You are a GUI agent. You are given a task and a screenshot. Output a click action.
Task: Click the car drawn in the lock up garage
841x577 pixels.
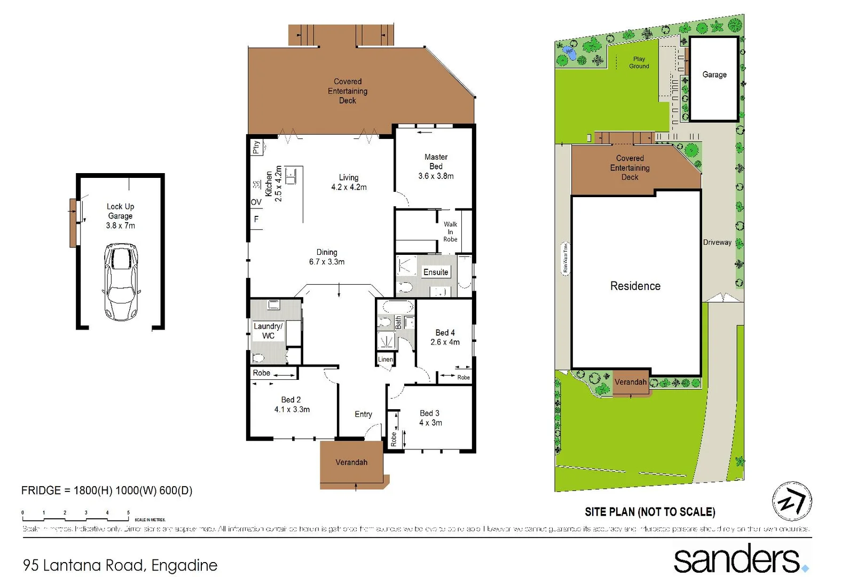tap(121, 282)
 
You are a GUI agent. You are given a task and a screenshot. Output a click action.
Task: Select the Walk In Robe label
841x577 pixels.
tap(450, 232)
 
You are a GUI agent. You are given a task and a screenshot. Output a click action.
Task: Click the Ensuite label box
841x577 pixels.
tap(436, 272)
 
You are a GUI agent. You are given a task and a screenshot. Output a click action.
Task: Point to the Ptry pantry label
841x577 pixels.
tap(256, 147)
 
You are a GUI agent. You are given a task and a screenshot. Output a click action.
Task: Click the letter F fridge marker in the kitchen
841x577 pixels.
tap(256, 219)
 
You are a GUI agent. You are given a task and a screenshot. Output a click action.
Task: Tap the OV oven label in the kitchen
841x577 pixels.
tap(256, 202)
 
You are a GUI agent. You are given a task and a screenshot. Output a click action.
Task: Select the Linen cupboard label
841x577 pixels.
tap(386, 359)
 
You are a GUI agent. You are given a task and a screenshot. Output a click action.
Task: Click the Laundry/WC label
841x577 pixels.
tap(268, 331)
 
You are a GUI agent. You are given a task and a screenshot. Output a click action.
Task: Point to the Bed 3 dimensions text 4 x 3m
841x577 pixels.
tap(430, 423)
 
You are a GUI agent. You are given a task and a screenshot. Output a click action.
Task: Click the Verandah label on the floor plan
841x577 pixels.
tap(351, 462)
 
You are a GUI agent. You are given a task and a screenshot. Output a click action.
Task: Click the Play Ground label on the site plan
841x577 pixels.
tap(639, 63)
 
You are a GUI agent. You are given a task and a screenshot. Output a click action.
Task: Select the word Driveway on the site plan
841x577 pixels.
tap(717, 242)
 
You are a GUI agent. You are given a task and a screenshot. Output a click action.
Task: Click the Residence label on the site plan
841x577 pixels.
tap(635, 286)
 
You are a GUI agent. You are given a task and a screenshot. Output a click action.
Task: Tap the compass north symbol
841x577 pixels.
tap(792, 501)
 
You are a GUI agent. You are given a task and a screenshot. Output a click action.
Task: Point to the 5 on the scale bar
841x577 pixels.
tap(128, 513)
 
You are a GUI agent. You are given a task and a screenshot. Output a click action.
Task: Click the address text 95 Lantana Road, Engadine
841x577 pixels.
tap(120, 565)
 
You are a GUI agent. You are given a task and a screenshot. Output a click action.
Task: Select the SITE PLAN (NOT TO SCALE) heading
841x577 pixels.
tap(650, 512)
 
